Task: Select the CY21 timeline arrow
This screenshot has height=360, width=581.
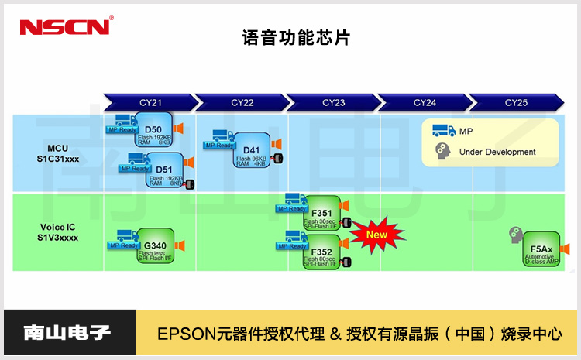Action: (x=149, y=102)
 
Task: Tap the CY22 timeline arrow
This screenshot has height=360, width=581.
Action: (x=242, y=102)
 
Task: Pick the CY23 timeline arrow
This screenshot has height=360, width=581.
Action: (x=333, y=102)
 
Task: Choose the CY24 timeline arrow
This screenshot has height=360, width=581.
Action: (x=425, y=102)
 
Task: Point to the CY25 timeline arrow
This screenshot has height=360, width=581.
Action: (x=516, y=102)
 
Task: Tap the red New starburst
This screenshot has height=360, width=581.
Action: (x=376, y=235)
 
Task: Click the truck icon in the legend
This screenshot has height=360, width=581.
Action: (x=443, y=131)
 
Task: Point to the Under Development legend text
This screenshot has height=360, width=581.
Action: (x=497, y=152)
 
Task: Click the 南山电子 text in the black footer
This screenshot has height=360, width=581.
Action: (x=67, y=334)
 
